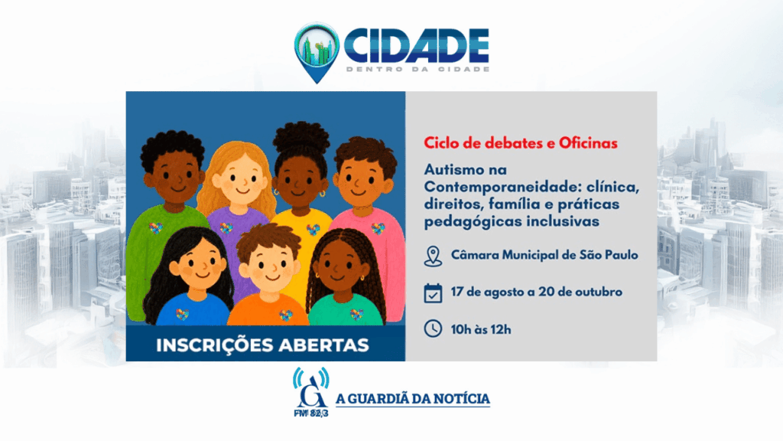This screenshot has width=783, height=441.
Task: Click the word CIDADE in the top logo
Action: [417, 46]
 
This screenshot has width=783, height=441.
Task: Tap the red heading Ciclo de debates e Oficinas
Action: [520, 143]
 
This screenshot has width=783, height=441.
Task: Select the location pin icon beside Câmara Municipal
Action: [433, 256]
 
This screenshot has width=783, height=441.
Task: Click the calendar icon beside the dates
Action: [433, 293]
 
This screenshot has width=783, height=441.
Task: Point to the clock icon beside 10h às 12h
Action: [433, 328]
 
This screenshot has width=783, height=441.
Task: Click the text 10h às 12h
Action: [480, 329]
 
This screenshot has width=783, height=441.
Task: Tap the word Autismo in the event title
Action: [453, 169]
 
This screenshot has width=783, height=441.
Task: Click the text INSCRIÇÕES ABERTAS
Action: [262, 345]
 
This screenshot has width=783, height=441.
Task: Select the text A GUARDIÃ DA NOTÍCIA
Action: [412, 398]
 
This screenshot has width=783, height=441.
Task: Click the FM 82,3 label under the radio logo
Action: [310, 413]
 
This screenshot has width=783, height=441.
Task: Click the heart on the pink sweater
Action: [378, 228]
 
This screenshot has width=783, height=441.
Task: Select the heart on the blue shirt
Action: [182, 315]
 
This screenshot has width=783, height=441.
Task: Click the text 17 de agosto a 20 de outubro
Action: [536, 292]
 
